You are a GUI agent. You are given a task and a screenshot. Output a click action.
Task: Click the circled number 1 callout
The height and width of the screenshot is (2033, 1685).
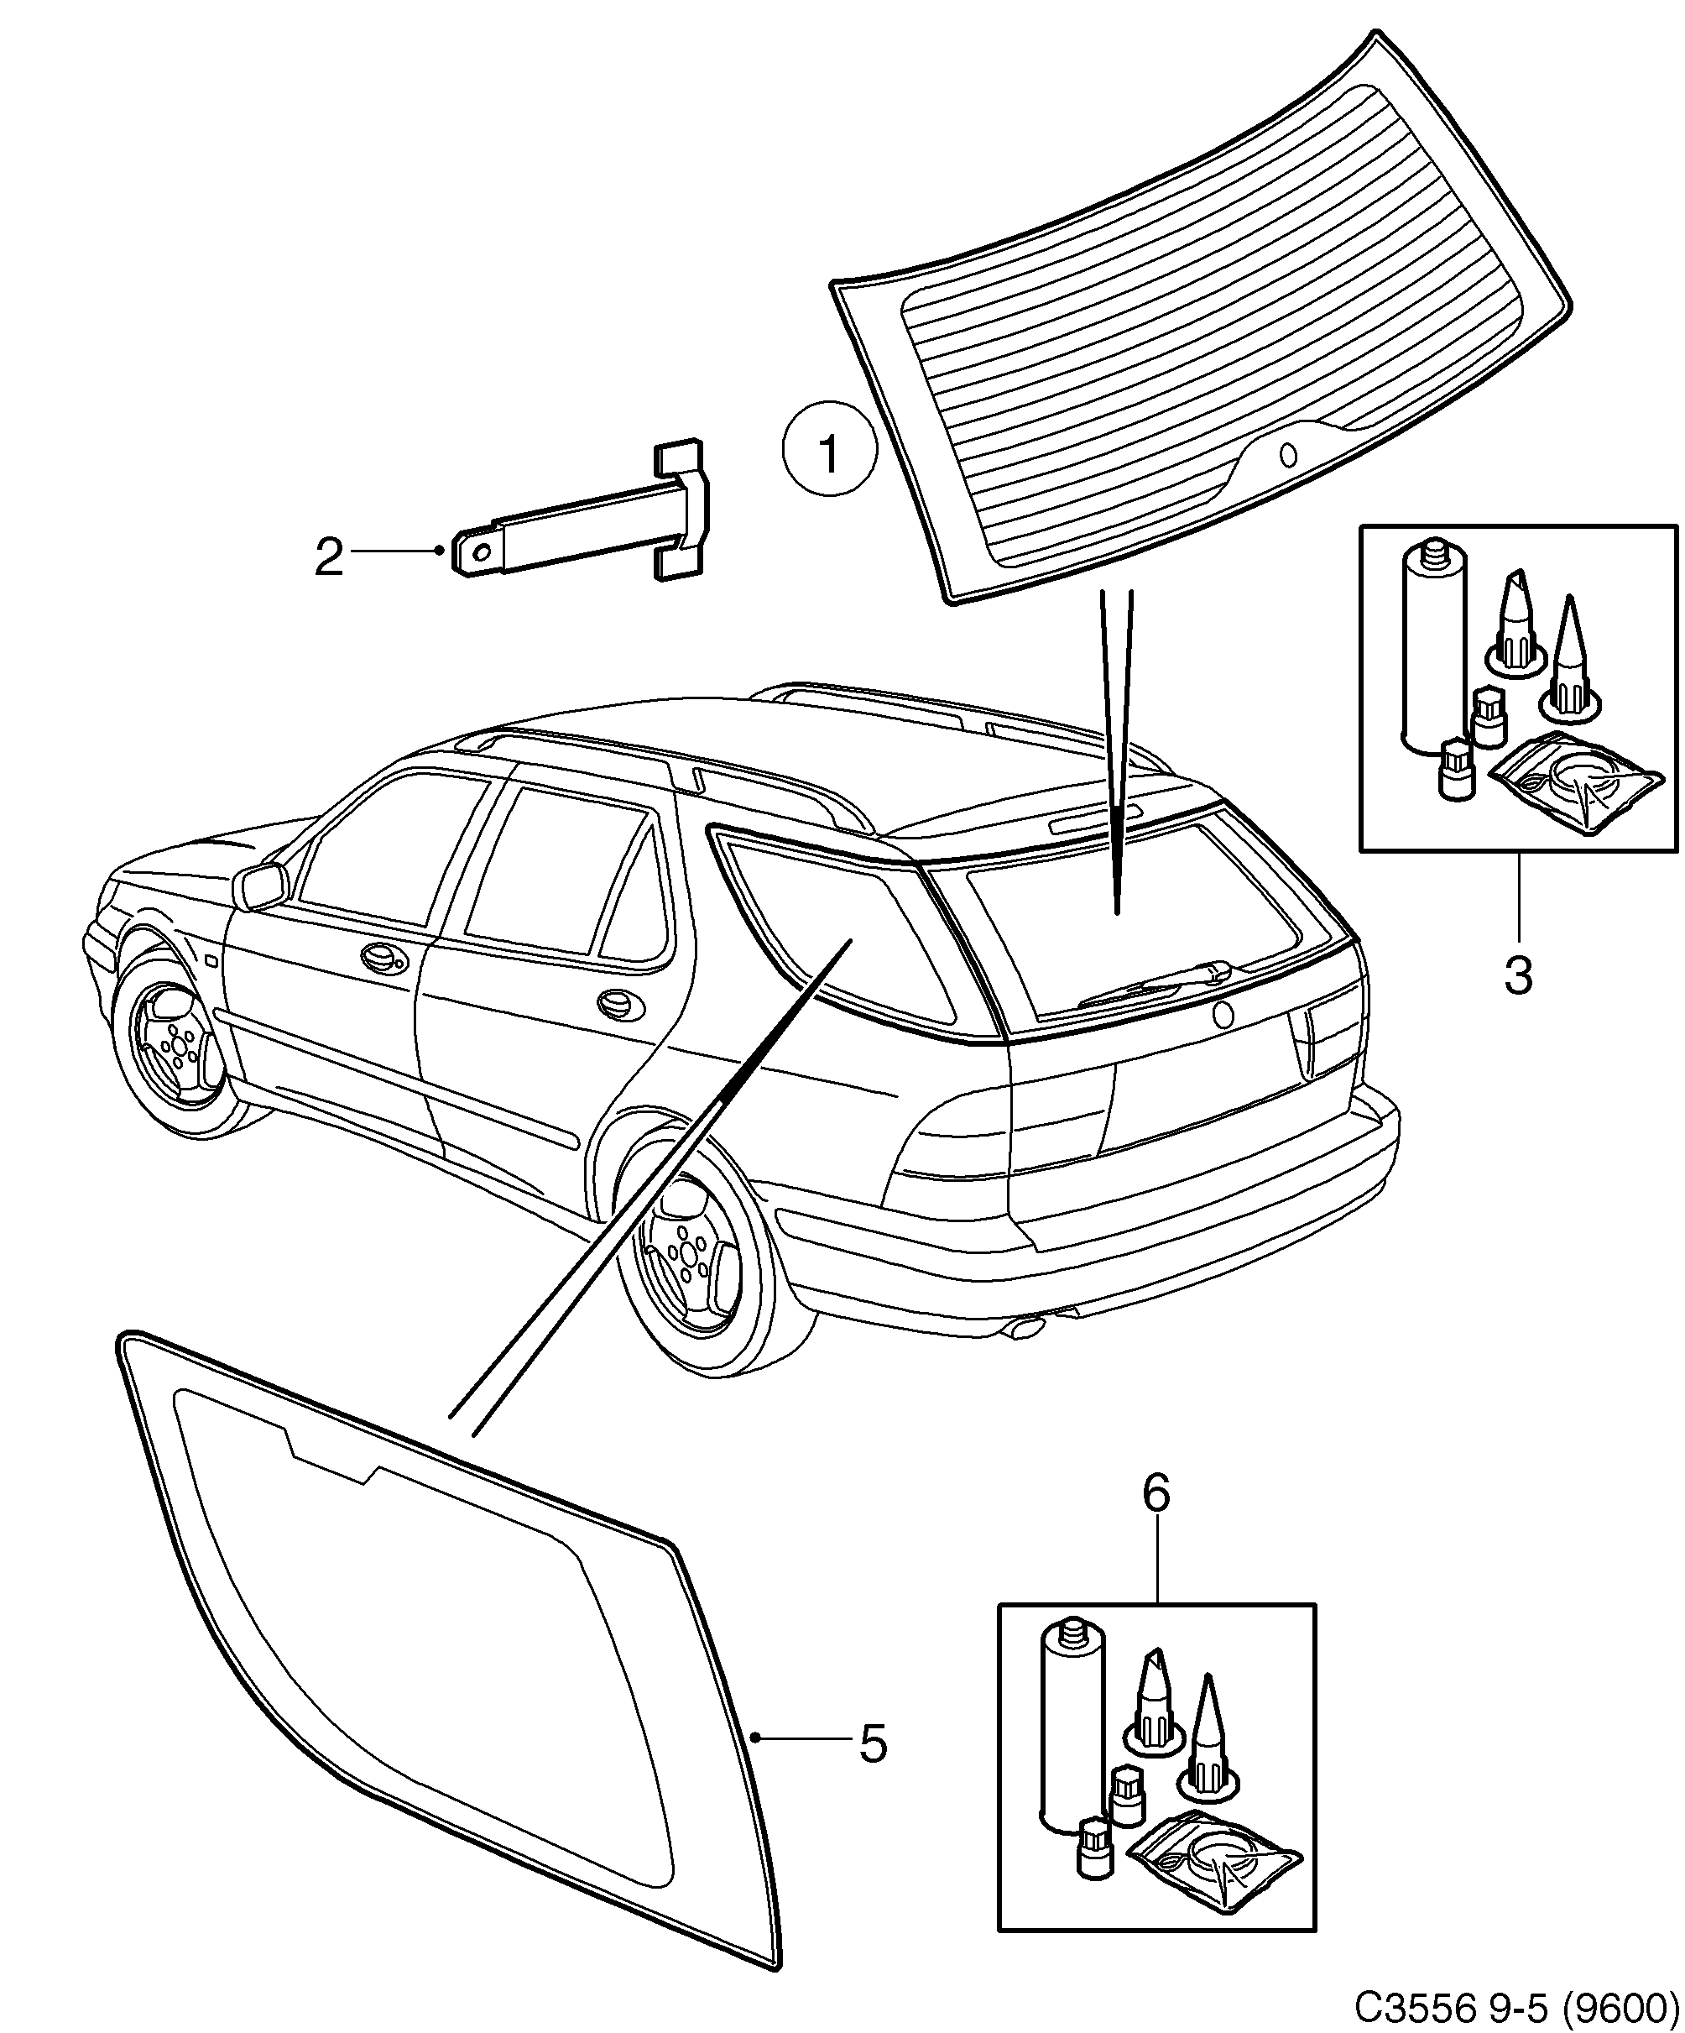828,449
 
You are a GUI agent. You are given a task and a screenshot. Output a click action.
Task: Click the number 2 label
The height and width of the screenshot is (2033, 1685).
329,557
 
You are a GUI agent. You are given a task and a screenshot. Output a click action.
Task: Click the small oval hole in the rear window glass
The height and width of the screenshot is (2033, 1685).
1287,453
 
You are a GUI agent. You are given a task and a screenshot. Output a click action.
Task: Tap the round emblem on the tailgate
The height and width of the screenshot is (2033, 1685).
1223,1016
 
